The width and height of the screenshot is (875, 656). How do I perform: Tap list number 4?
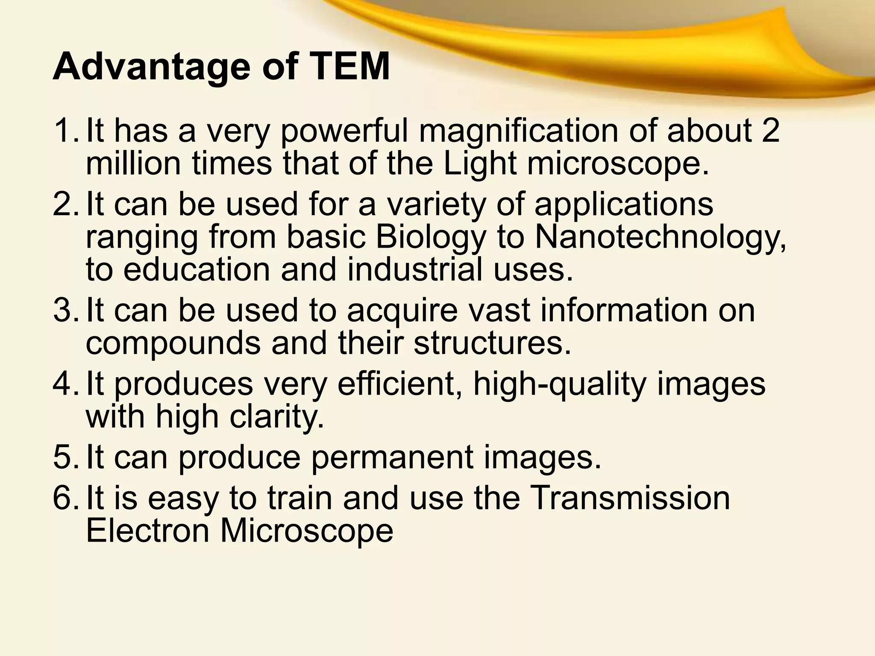[64, 384]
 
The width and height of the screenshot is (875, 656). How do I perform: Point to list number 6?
[64, 498]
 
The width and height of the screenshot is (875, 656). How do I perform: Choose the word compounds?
[173, 344]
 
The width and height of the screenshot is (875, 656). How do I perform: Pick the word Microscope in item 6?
[306, 531]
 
